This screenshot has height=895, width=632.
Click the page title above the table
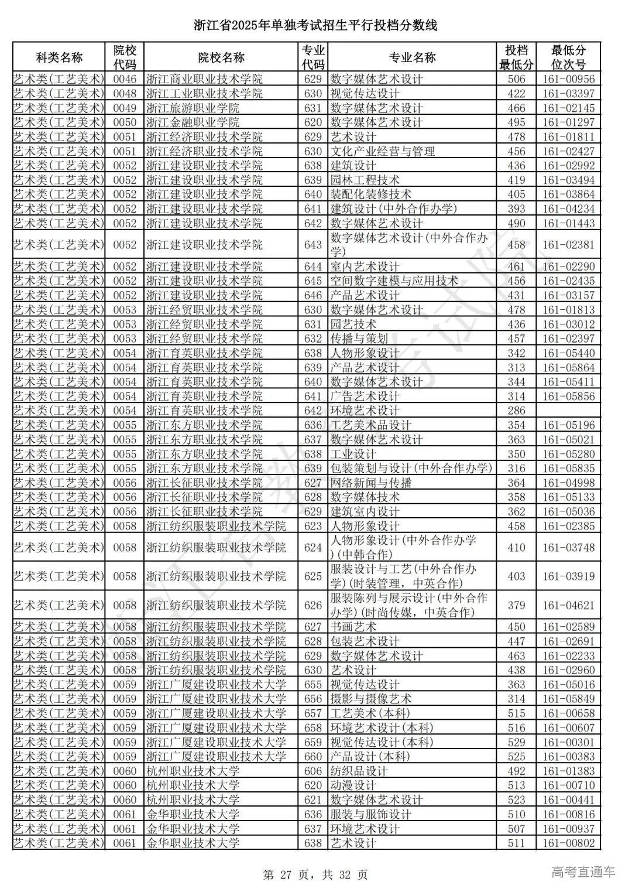pyautogui.click(x=315, y=25)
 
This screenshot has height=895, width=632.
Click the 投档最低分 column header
pyautogui.click(x=516, y=57)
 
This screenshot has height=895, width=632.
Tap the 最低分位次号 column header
pyautogui.click(x=568, y=57)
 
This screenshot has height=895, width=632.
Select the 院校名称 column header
pyautogui.click(x=221, y=57)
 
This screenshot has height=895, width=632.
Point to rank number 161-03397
pyautogui.click(x=568, y=94)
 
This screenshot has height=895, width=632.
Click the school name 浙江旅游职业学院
pyautogui.click(x=193, y=108)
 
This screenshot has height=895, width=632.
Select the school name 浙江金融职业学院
pyautogui.click(x=193, y=122)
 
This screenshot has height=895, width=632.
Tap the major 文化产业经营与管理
pyautogui.click(x=383, y=151)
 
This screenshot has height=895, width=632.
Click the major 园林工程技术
pyautogui.click(x=365, y=180)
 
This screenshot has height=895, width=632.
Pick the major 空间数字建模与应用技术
pyautogui.click(x=394, y=281)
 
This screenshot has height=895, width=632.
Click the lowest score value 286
pyautogui.click(x=516, y=411)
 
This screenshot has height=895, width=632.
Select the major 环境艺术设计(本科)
pyautogui.click(x=382, y=728)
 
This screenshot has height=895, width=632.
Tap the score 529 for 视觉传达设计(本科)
pyautogui.click(x=516, y=742)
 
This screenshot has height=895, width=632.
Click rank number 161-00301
pyautogui.click(x=568, y=742)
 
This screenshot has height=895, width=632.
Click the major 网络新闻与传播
pyautogui.click(x=371, y=483)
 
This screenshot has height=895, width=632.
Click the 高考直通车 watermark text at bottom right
pyautogui.click(x=583, y=872)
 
